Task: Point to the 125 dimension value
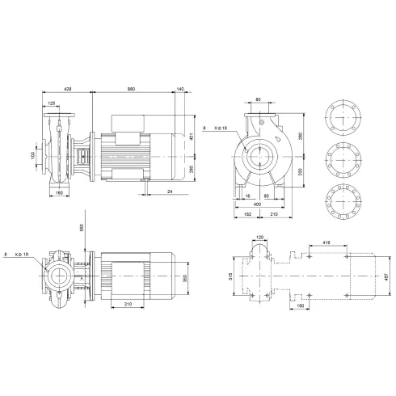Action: tap(53, 103)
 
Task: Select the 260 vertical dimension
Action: tap(192, 170)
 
